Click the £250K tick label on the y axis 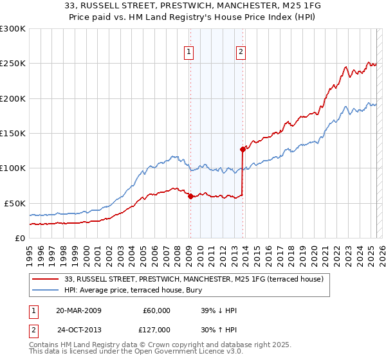click(13, 64)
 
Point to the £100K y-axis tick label click(13, 168)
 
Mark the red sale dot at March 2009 click(190, 196)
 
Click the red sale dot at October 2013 click(243, 149)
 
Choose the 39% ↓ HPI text click(219, 310)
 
